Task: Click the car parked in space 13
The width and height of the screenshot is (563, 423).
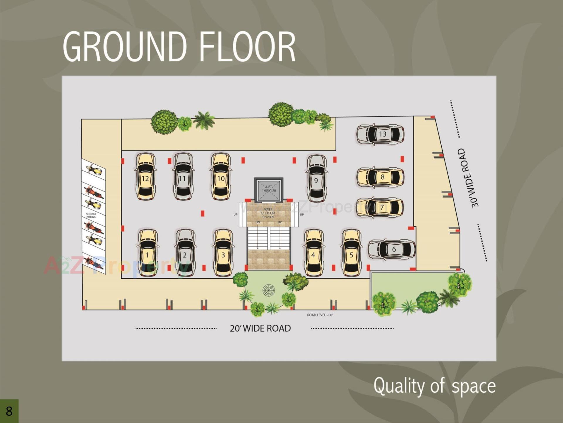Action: click(x=380, y=134)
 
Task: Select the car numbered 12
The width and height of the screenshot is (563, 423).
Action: click(x=145, y=176)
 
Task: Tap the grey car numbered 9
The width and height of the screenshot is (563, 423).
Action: click(x=316, y=178)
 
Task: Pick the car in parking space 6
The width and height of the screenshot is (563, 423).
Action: click(x=392, y=249)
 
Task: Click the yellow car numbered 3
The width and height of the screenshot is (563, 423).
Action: click(x=223, y=253)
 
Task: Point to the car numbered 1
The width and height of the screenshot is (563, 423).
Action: click(x=148, y=253)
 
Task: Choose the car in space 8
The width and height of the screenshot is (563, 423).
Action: click(x=380, y=177)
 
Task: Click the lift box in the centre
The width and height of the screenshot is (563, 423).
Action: click(x=269, y=189)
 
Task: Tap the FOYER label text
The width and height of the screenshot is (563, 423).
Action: click(x=268, y=210)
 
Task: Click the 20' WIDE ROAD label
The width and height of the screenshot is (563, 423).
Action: click(x=260, y=328)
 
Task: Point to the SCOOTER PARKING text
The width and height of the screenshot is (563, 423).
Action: click(x=91, y=215)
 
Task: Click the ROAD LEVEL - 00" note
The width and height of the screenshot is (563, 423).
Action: click(x=320, y=315)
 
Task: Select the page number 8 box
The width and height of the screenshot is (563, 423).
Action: click(x=9, y=411)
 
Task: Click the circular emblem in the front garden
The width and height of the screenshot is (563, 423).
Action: click(x=269, y=290)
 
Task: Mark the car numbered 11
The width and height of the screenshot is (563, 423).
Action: click(x=183, y=176)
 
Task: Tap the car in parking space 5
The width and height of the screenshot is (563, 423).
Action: click(x=351, y=253)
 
